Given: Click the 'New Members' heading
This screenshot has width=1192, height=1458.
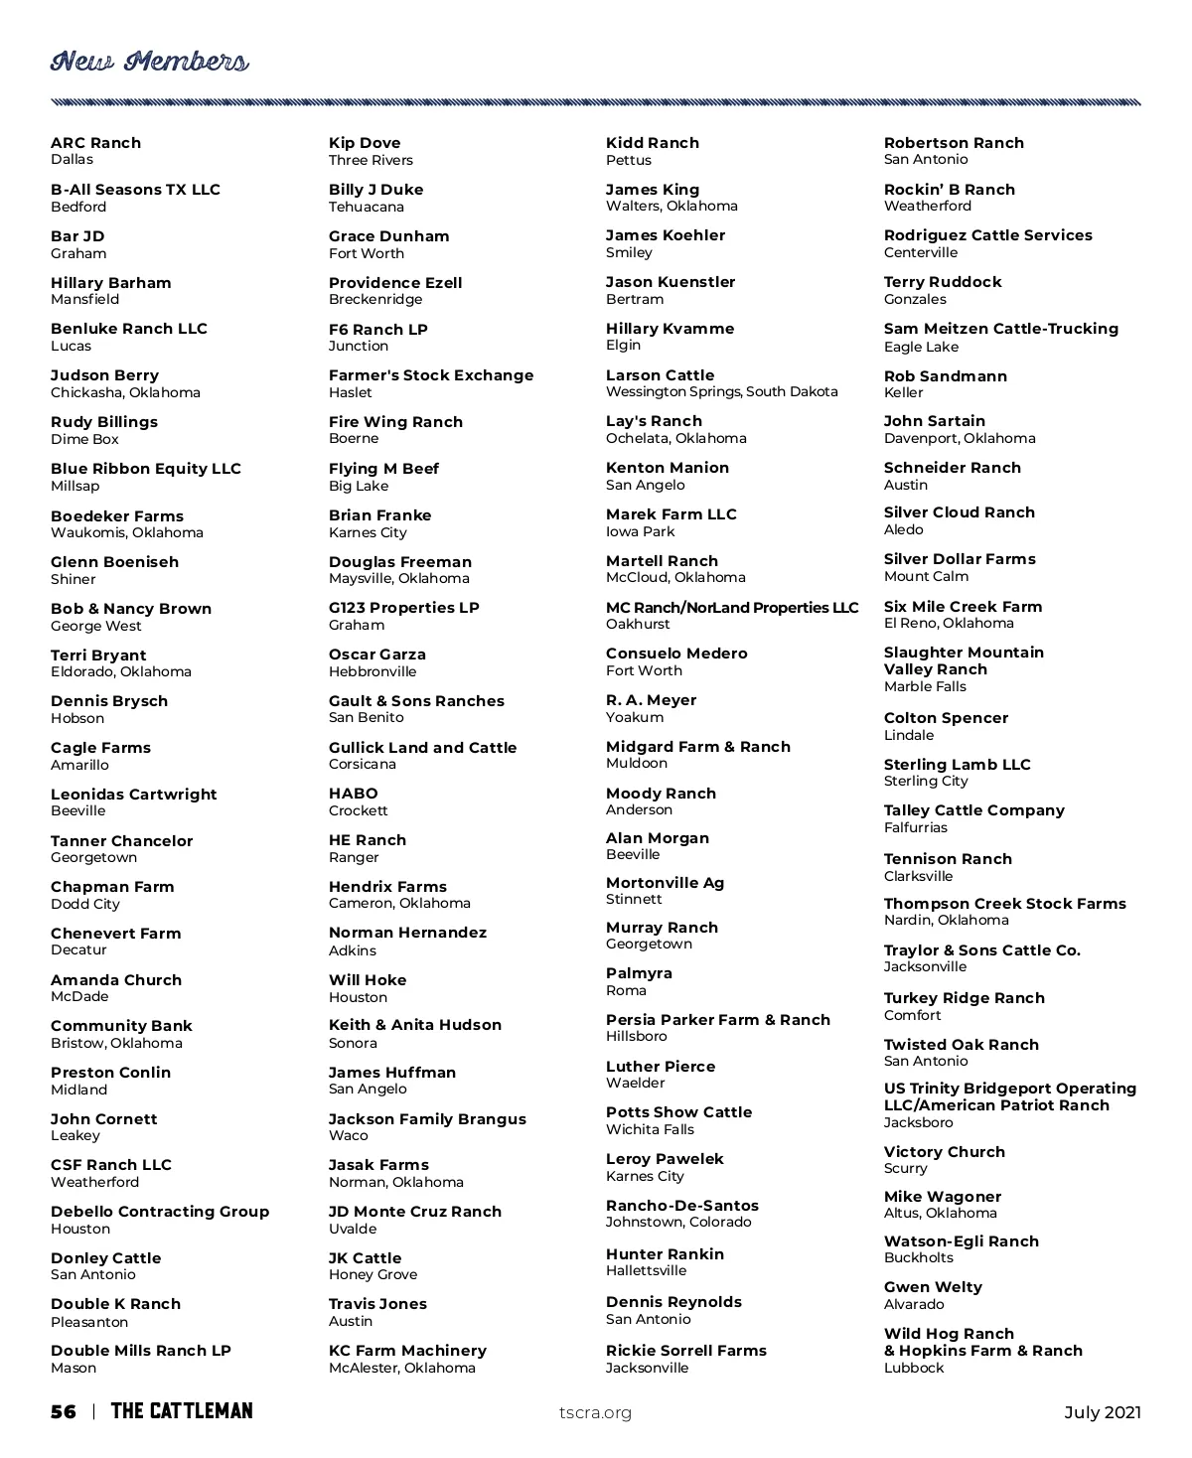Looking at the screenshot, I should pos(149,63).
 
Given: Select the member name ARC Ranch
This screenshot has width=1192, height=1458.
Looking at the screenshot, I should pos(95,143).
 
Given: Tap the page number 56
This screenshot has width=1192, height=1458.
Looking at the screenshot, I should pos(63,1412).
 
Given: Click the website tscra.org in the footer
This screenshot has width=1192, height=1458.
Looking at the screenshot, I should pos(595,1413).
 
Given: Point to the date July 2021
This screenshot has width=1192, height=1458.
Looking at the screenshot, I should pos(1103,1412).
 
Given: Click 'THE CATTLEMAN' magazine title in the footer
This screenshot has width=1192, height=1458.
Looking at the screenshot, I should pos(182,1411).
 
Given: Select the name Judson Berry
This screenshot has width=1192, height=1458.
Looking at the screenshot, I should pos(104,375).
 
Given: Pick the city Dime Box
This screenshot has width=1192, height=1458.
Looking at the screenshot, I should pos(84,439).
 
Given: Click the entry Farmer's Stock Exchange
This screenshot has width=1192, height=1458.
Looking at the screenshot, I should pos(431,375).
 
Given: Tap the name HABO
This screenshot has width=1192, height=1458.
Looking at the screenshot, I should pos(354,794).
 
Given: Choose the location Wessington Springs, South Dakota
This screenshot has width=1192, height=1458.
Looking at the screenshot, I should pos(722,391).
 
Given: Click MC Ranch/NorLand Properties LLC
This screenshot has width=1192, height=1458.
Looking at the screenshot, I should pos(732,608).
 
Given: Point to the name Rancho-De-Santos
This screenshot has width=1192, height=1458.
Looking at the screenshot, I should pos(682,1206).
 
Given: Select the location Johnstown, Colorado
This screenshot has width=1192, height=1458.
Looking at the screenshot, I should pos(678,1222).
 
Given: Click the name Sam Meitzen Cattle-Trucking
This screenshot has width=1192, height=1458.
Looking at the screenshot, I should pos(1001,329).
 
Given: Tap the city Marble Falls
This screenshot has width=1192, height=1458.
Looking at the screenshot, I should pos(925,686).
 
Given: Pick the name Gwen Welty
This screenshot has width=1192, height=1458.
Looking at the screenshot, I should pos(933,1287).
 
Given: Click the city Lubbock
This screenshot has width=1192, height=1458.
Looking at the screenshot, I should pos(914,1368).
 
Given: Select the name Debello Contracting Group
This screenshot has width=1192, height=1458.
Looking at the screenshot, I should pos(160,1212).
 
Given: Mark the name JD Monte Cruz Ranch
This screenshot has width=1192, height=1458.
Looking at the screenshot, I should pos(415,1212).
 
